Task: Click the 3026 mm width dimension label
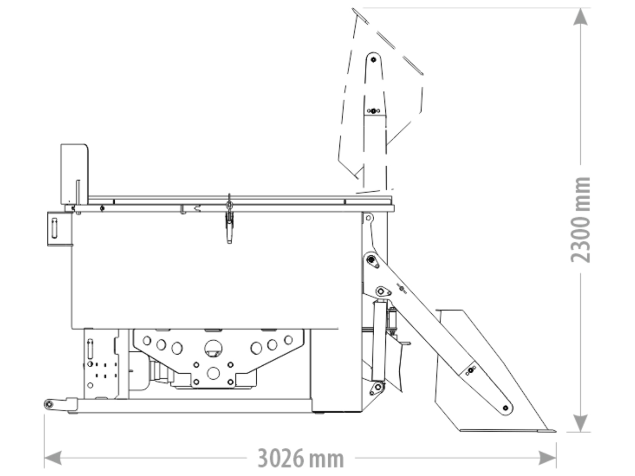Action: [x=300, y=459]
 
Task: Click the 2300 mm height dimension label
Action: [x=580, y=220]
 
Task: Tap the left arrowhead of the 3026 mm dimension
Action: [x=53, y=458]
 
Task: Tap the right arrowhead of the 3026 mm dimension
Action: [x=547, y=458]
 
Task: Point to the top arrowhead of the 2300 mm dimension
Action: [x=580, y=17]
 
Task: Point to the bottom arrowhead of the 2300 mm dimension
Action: [x=580, y=423]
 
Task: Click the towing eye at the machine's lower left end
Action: [x=49, y=404]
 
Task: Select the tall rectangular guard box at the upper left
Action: [x=74, y=174]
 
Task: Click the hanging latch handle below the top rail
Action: [x=229, y=228]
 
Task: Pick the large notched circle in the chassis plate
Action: [x=213, y=349]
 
